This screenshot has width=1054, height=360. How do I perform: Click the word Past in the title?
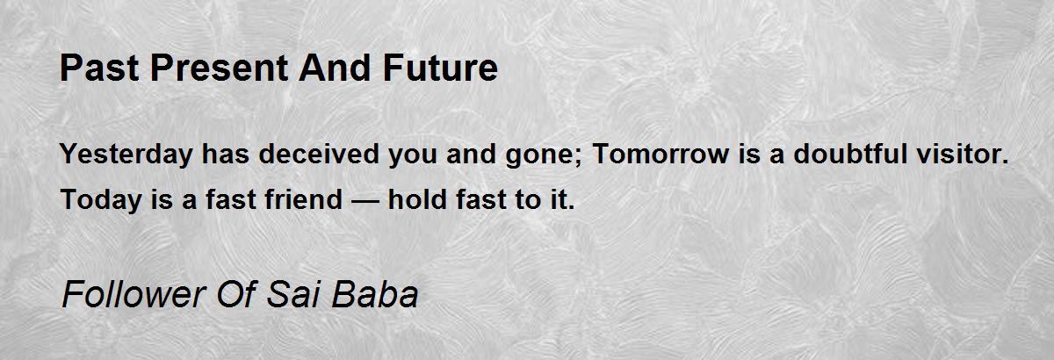(99, 68)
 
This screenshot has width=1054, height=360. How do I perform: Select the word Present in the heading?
(220, 68)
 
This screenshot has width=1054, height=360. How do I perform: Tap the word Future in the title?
(440, 68)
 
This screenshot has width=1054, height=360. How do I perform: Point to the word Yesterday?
(126, 155)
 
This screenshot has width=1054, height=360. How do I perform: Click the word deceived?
(319, 154)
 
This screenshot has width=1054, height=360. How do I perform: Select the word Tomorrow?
(661, 154)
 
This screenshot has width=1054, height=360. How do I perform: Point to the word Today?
(101, 200)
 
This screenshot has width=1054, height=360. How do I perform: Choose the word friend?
(304, 199)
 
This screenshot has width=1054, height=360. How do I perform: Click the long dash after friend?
(365, 201)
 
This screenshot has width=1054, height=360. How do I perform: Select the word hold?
(417, 199)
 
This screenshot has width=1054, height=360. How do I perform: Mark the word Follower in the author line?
(134, 294)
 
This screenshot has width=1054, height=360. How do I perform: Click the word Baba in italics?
(374, 294)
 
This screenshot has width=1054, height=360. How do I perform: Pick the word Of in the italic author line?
(236, 294)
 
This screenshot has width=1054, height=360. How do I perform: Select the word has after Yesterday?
(226, 154)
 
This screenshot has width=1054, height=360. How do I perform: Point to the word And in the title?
(335, 68)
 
